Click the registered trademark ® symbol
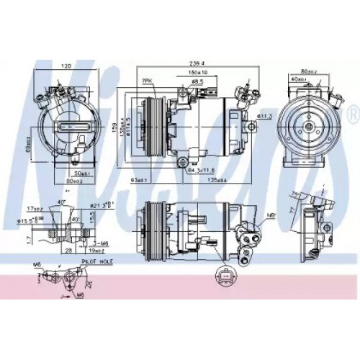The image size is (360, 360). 352,113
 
